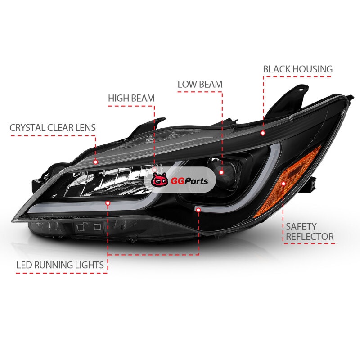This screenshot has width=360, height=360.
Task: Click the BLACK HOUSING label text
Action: (297, 69)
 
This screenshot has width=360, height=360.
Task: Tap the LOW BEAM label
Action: (200, 84)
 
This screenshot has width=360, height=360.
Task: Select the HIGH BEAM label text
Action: (131, 98)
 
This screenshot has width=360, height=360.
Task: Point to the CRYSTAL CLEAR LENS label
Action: (53, 128)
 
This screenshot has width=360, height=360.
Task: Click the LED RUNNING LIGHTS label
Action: (60, 265)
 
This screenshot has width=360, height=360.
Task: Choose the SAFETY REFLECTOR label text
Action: (310, 232)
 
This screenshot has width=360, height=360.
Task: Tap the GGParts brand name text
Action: (189, 181)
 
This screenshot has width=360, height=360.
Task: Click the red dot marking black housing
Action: (263, 133)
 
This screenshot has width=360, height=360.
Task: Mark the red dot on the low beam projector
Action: (221, 172)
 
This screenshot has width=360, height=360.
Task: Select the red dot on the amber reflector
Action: (283, 184)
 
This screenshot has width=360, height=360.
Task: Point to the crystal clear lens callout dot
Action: (96, 162)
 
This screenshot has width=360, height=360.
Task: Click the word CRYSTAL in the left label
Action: (27, 128)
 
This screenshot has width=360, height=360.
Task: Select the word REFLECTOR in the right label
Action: (310, 237)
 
